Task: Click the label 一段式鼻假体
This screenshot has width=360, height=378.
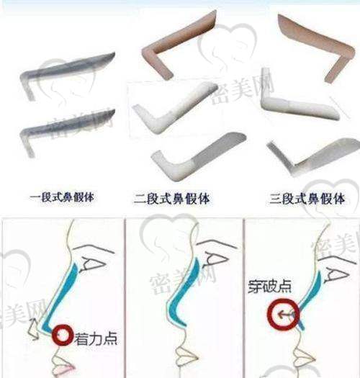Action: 62,197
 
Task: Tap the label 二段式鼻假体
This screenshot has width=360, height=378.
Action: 171,199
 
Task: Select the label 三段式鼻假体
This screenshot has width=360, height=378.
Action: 307,199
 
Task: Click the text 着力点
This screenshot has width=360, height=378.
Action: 96,338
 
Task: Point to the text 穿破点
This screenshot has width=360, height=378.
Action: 269,287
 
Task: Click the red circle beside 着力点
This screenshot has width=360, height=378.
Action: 63,336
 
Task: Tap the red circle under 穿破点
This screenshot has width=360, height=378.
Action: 284,314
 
